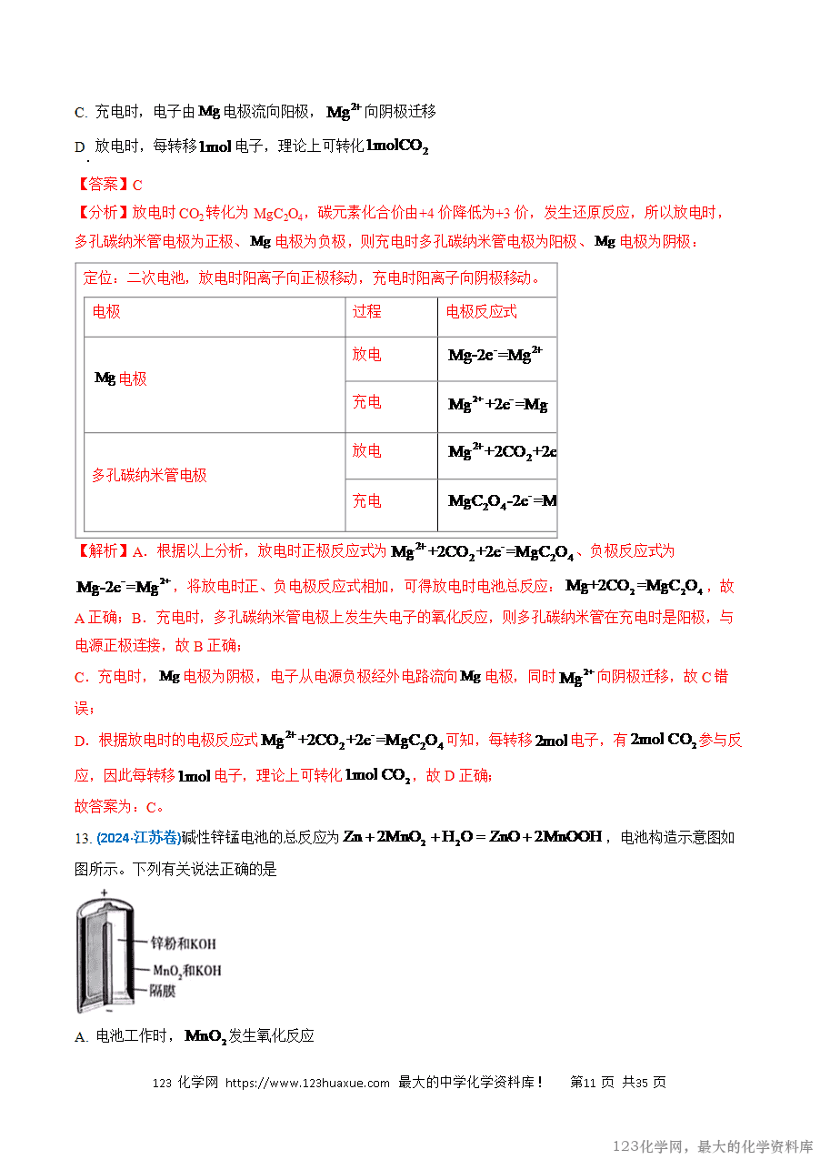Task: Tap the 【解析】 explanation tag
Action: click(x=103, y=551)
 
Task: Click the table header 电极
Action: click(x=106, y=312)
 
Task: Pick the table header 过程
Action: click(x=367, y=312)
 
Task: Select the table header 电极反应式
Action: click(x=482, y=312)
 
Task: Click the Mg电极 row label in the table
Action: click(x=121, y=378)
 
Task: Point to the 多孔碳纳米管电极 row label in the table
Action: click(x=149, y=475)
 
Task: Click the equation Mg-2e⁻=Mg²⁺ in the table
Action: click(x=495, y=355)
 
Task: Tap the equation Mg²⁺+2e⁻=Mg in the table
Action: click(x=497, y=404)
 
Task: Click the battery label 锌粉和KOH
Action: click(x=183, y=943)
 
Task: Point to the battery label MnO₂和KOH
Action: click(x=186, y=971)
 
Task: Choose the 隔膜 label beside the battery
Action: click(x=163, y=991)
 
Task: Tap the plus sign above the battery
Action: click(x=104, y=893)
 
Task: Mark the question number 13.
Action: click(x=82, y=839)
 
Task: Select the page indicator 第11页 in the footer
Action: click(x=592, y=1083)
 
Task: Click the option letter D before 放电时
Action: click(x=79, y=147)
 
